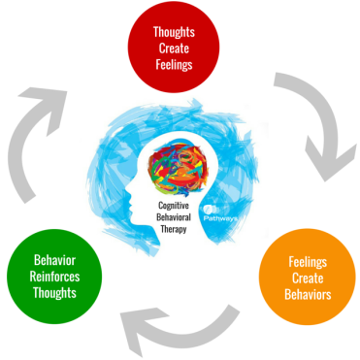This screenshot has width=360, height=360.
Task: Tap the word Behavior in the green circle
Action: pyautogui.click(x=56, y=260)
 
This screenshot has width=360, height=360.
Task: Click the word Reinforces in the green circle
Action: pyautogui.click(x=56, y=277)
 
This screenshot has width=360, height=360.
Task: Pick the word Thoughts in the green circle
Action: pyautogui.click(x=56, y=293)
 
